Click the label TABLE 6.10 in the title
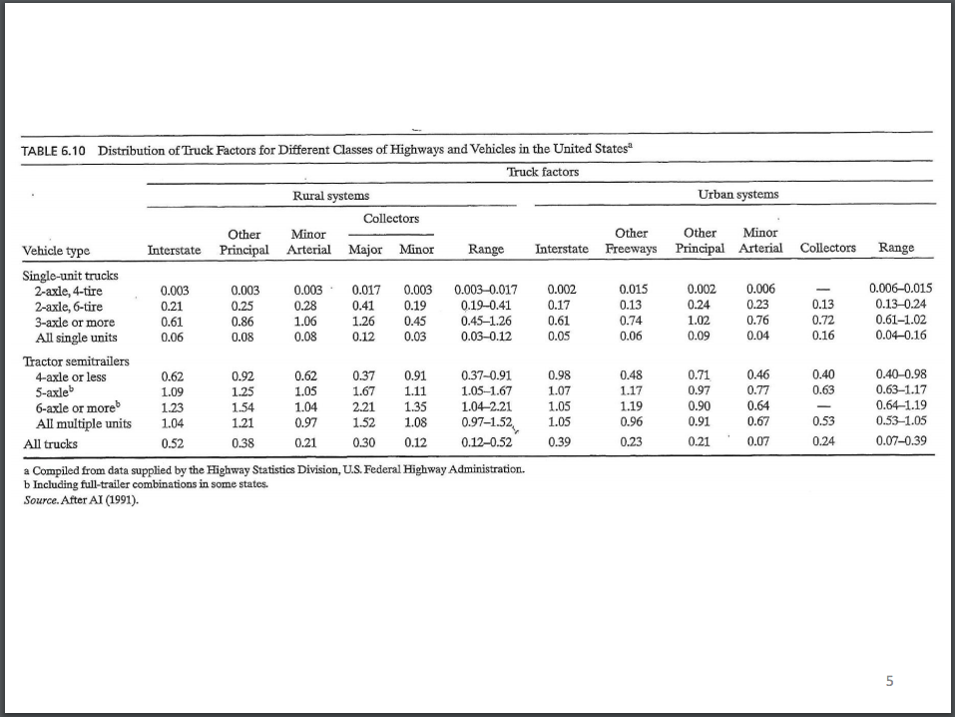click(x=54, y=150)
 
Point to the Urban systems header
click(x=737, y=194)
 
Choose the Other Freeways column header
click(x=631, y=241)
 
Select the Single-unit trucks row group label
click(x=70, y=274)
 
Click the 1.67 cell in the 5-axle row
click(x=363, y=392)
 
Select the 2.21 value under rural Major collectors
click(x=363, y=407)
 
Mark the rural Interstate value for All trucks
click(x=174, y=442)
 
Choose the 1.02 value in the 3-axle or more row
click(x=701, y=322)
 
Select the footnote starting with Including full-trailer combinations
click(x=131, y=483)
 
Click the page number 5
click(x=890, y=682)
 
